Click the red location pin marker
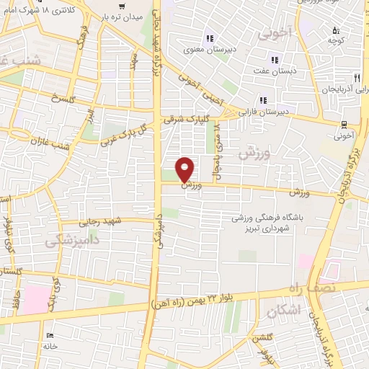point(186,169)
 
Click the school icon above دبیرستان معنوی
point(210,38)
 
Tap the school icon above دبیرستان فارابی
point(263,99)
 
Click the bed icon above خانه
point(49,336)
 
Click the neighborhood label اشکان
point(282,311)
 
